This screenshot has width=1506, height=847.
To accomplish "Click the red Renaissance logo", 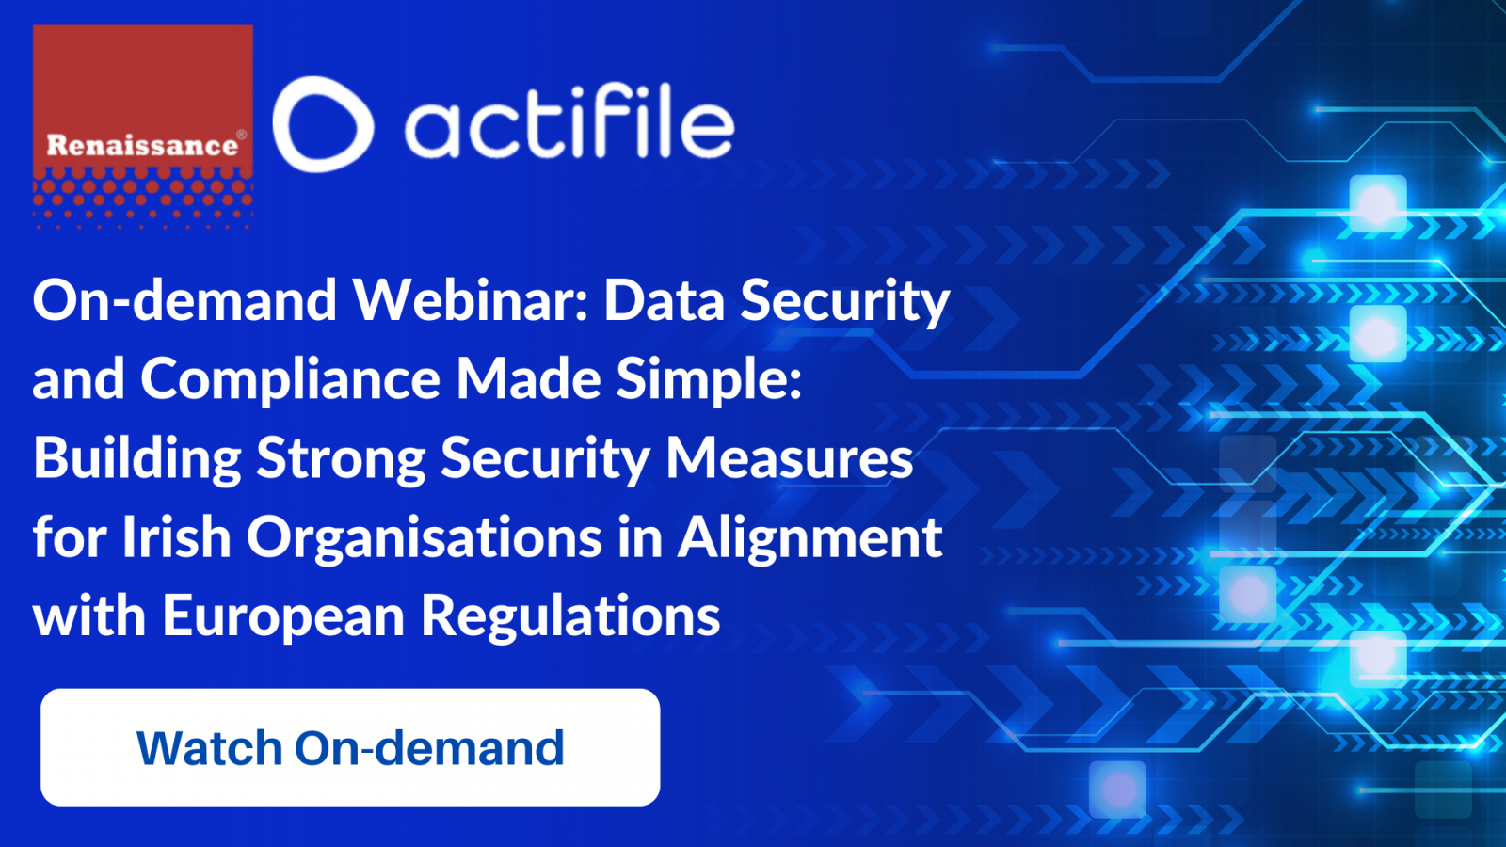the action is click(x=143, y=126).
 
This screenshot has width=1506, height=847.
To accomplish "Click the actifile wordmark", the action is click(x=569, y=128).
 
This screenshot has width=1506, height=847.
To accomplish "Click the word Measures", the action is click(x=790, y=457).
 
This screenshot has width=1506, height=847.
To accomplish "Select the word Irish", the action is click(x=177, y=536).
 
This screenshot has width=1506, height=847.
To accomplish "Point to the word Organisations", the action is click(x=425, y=537).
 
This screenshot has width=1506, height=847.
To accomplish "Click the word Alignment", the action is click(x=809, y=537).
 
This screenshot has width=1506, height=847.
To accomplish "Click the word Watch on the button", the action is click(x=209, y=747).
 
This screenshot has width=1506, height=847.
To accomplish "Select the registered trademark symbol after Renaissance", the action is click(x=241, y=136).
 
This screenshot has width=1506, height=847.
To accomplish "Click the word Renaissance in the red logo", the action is click(x=142, y=145).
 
